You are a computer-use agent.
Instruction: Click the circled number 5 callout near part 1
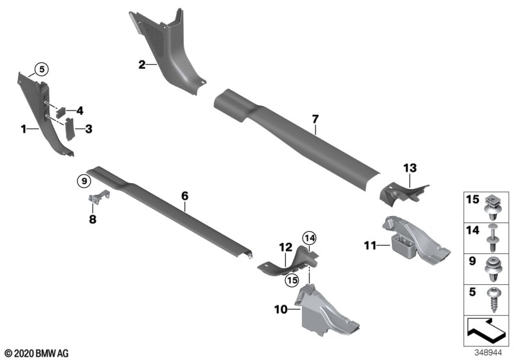[x=41, y=68]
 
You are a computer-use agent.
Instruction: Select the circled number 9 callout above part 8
[x=82, y=181]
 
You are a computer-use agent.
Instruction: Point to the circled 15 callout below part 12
[x=292, y=280]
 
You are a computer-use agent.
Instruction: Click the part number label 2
[x=141, y=64]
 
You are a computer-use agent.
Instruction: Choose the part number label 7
[x=315, y=120]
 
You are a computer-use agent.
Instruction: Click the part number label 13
[x=409, y=168]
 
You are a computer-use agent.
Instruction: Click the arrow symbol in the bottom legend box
[x=486, y=334]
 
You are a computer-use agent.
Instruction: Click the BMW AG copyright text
[x=35, y=353]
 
